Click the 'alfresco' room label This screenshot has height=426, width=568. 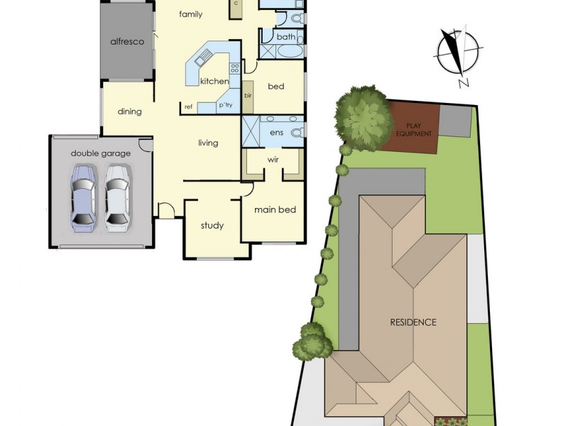pos(127,42)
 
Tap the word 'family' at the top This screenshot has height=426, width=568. pos(190,14)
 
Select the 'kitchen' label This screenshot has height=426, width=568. pos(214,82)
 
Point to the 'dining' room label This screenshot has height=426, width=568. pos(130,111)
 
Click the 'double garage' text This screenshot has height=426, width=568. pos(100,153)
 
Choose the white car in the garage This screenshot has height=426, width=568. pos(117,198)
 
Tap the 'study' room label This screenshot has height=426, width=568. pos(212,226)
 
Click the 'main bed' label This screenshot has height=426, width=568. pos(275,209)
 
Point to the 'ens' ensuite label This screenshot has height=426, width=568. pos(276,132)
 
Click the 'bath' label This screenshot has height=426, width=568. pos(286,37)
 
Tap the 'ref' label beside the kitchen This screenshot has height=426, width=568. pos(189,107)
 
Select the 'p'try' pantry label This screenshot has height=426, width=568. pos(226,106)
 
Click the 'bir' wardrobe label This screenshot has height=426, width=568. pos(248,94)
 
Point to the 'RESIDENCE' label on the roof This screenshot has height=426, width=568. pos(413,322)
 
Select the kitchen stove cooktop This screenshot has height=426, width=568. pos(234,69)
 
